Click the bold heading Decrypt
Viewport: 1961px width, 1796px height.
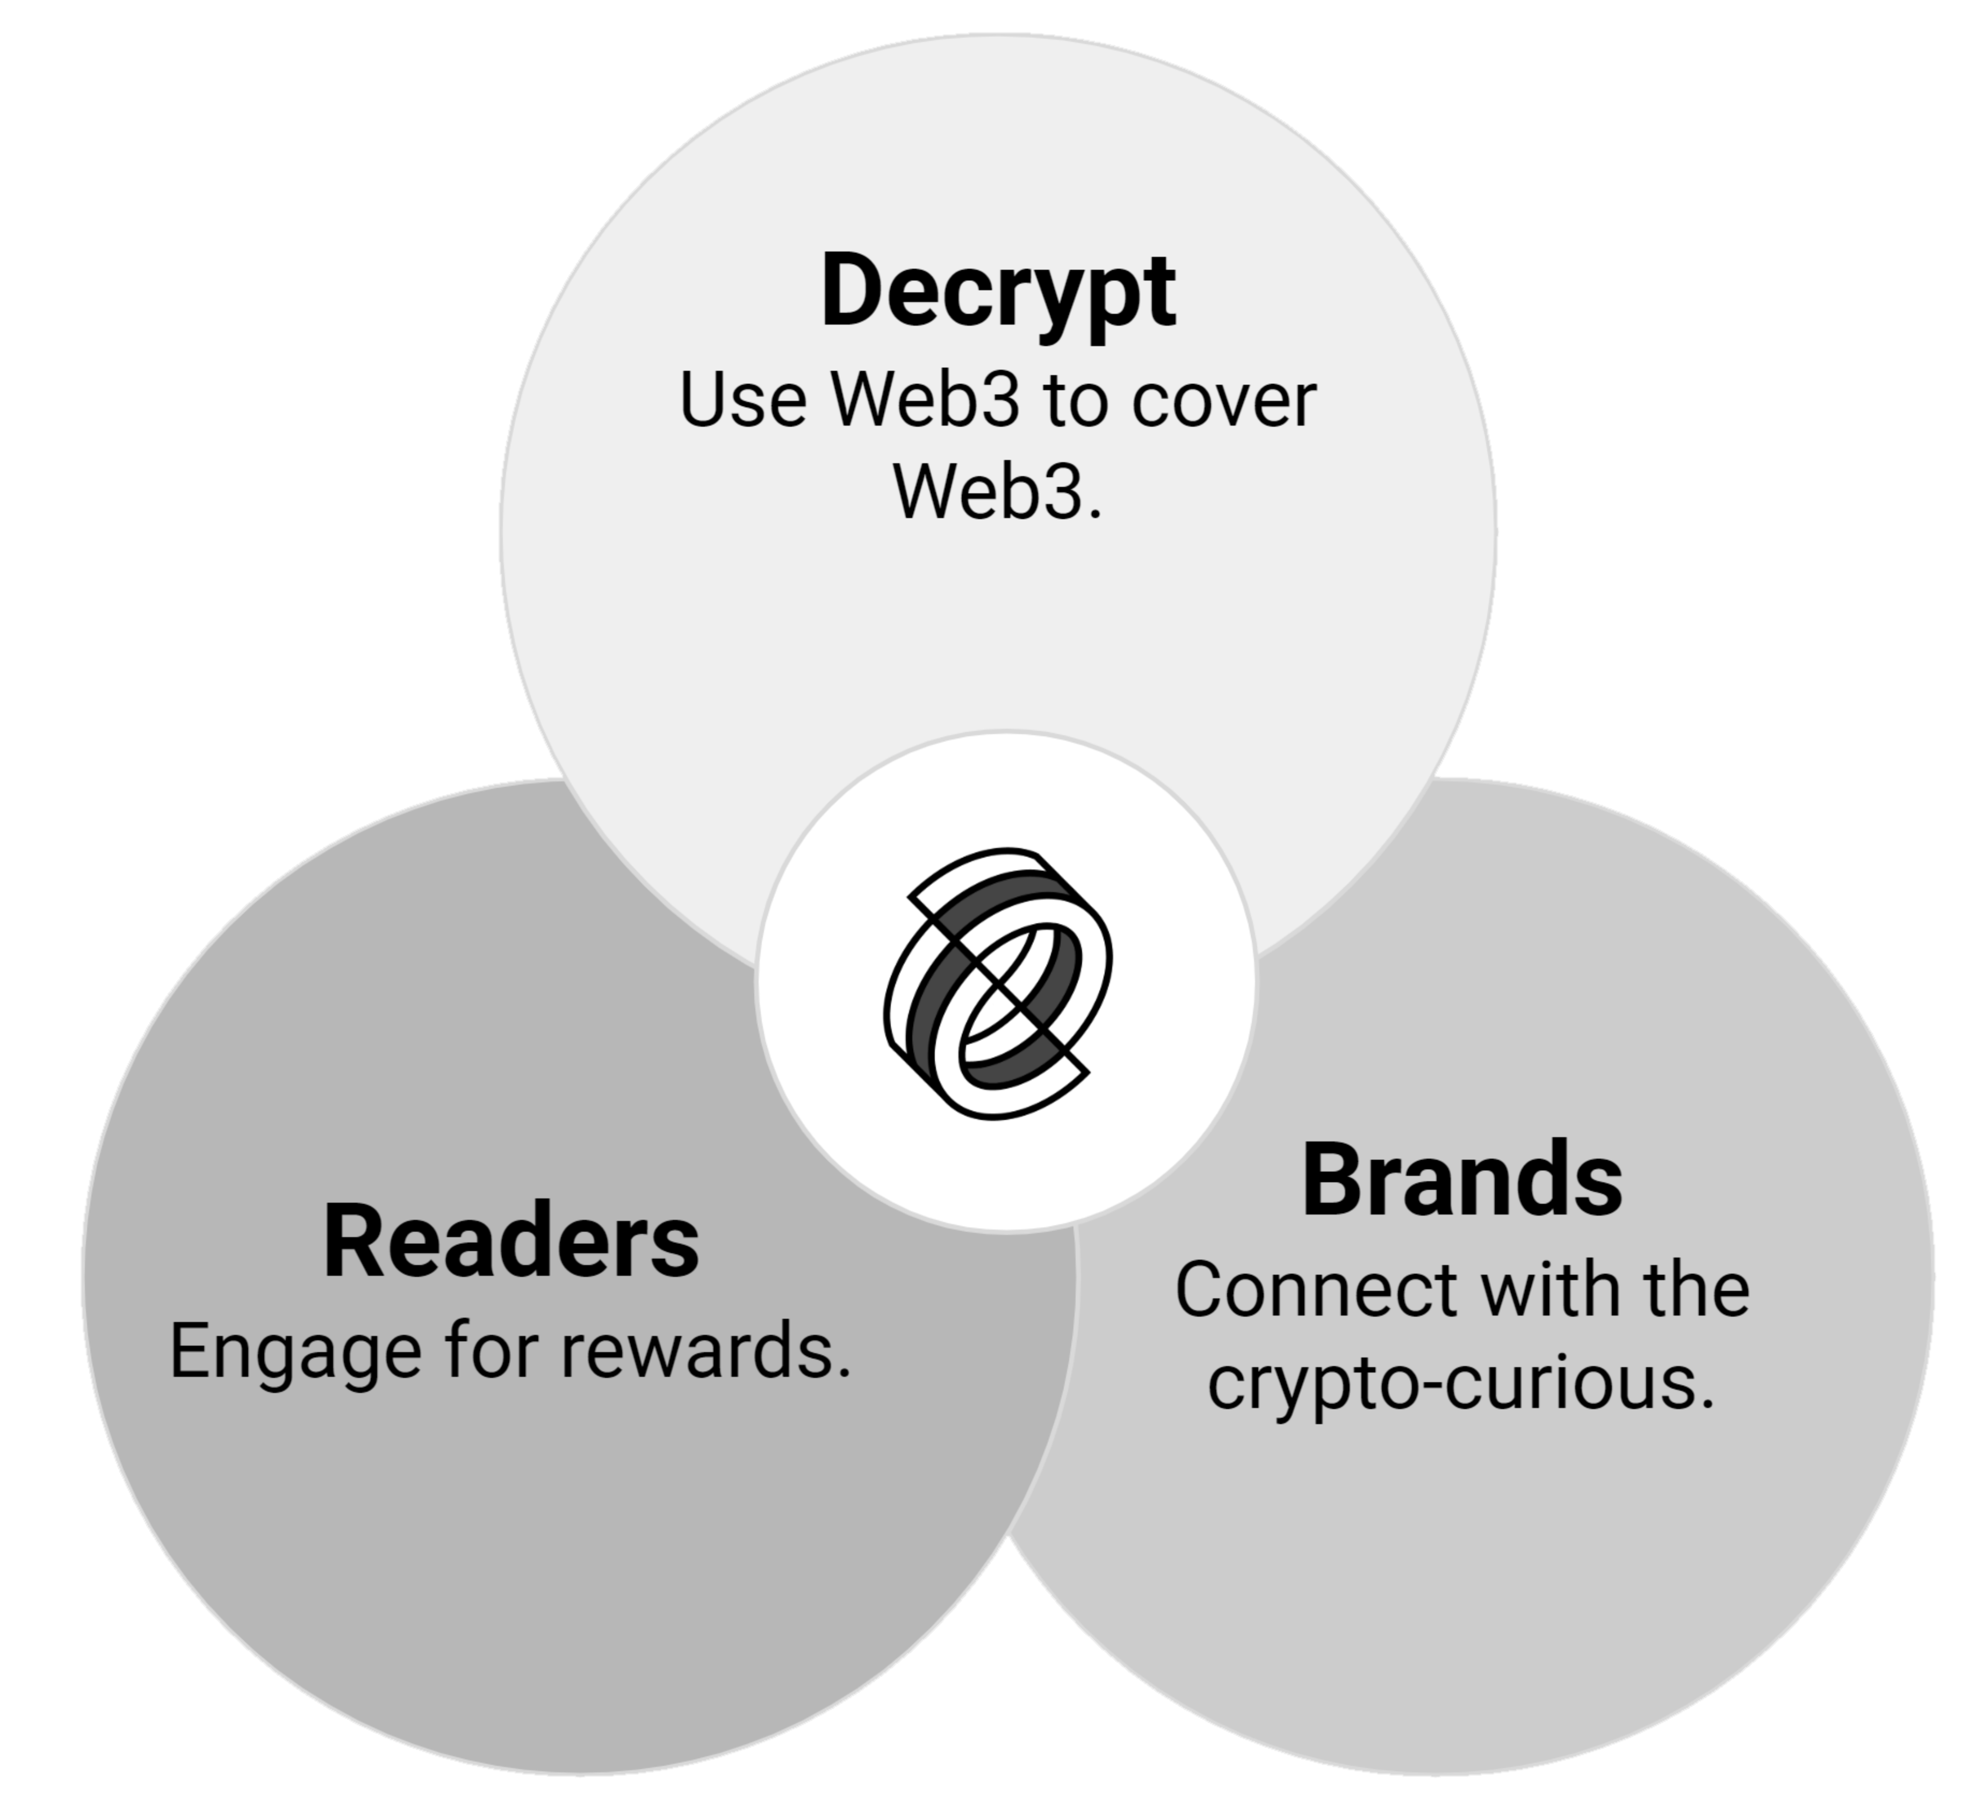click(998, 292)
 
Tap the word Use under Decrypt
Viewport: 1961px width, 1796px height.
click(742, 401)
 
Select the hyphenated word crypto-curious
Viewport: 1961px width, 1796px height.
click(1459, 1382)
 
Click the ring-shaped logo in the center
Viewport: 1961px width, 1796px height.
click(998, 983)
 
